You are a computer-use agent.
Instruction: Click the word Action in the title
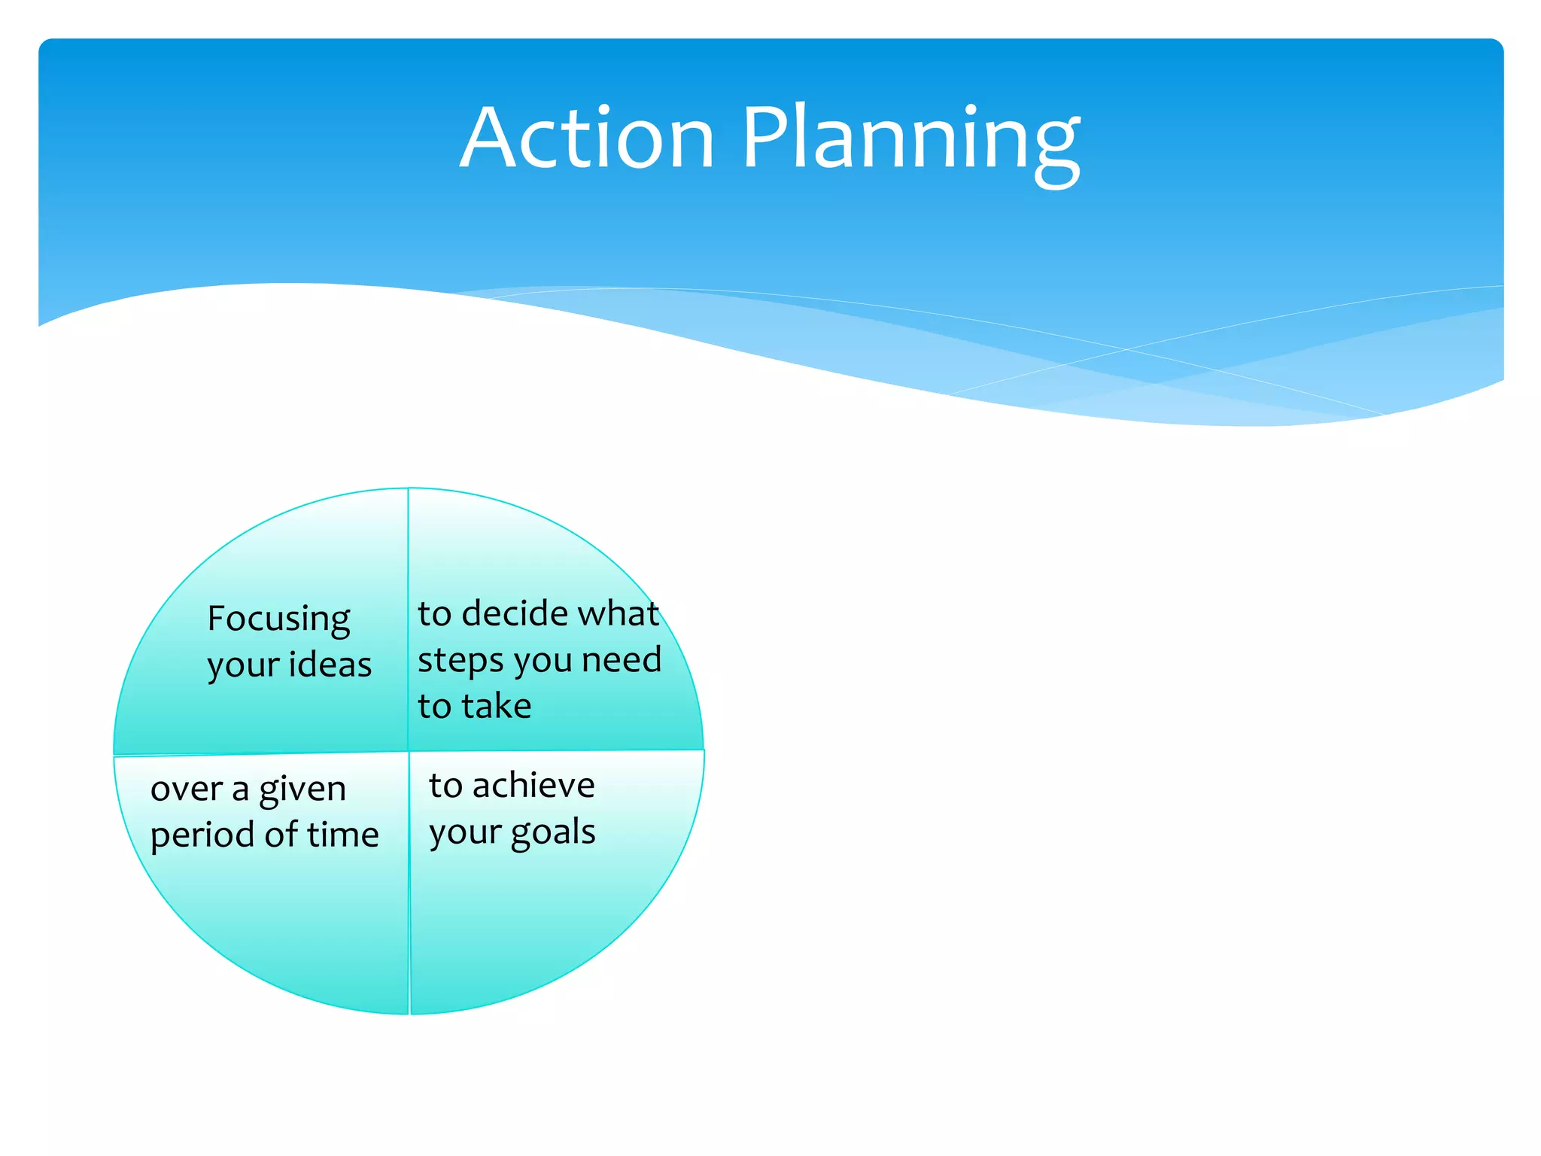click(587, 139)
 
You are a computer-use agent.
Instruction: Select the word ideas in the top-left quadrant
click(330, 665)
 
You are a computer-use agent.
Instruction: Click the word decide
click(514, 613)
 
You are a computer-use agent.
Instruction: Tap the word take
click(497, 707)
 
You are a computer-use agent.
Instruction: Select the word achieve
click(533, 786)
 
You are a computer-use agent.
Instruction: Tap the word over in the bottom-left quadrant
click(187, 789)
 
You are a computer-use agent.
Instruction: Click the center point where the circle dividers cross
click(409, 751)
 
